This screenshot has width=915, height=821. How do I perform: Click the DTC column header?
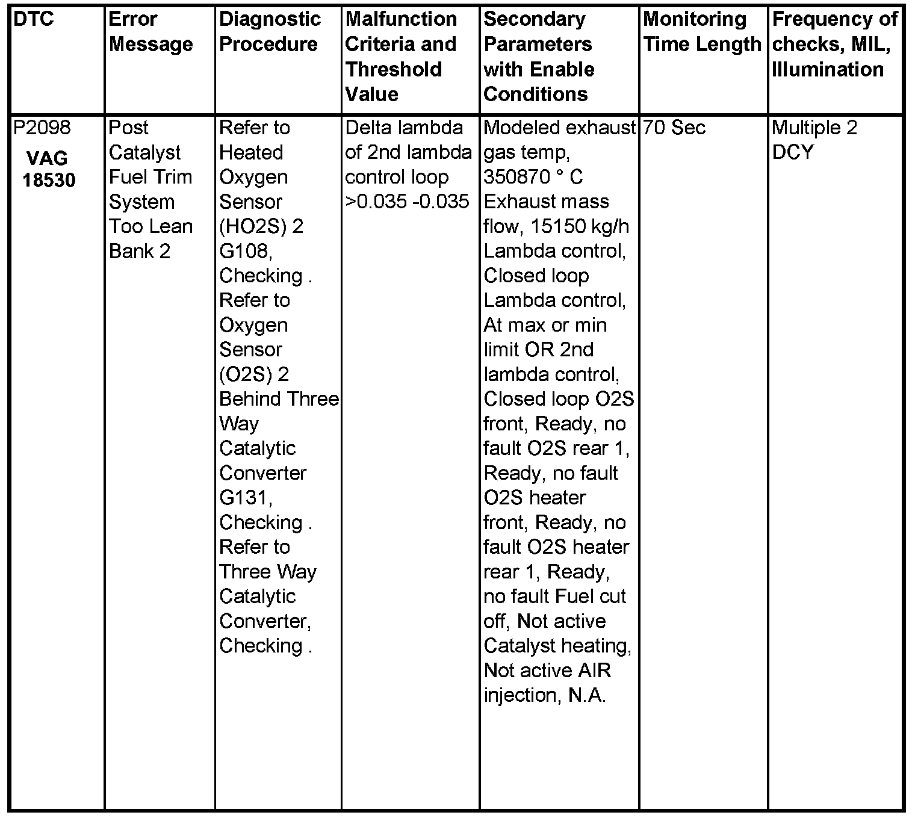(34, 19)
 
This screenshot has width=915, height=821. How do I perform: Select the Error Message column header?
(150, 32)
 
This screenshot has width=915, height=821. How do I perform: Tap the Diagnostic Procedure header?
(270, 32)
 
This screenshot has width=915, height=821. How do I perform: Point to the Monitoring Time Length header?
(702, 32)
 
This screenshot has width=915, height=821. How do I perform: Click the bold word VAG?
(47, 158)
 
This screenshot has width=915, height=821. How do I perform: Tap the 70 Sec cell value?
(674, 128)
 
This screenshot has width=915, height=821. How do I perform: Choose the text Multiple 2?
(814, 128)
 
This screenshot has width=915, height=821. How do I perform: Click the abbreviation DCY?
(792, 152)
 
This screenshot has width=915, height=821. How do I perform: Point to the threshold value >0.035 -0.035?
(407, 202)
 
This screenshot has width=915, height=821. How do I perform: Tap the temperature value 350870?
(512, 177)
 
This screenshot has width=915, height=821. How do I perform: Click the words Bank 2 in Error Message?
(140, 251)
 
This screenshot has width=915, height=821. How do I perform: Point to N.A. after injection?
(587, 695)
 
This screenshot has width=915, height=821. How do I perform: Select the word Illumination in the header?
(828, 69)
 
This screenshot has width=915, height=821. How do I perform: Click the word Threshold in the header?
(394, 69)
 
